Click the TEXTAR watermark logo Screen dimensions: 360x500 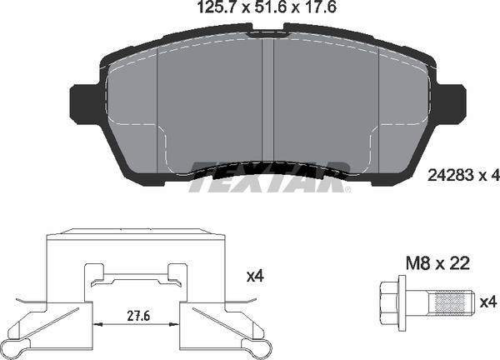(267, 176)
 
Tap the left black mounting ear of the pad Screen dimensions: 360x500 (84, 102)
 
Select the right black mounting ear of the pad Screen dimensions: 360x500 (451, 102)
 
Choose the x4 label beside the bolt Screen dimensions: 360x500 (488, 301)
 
